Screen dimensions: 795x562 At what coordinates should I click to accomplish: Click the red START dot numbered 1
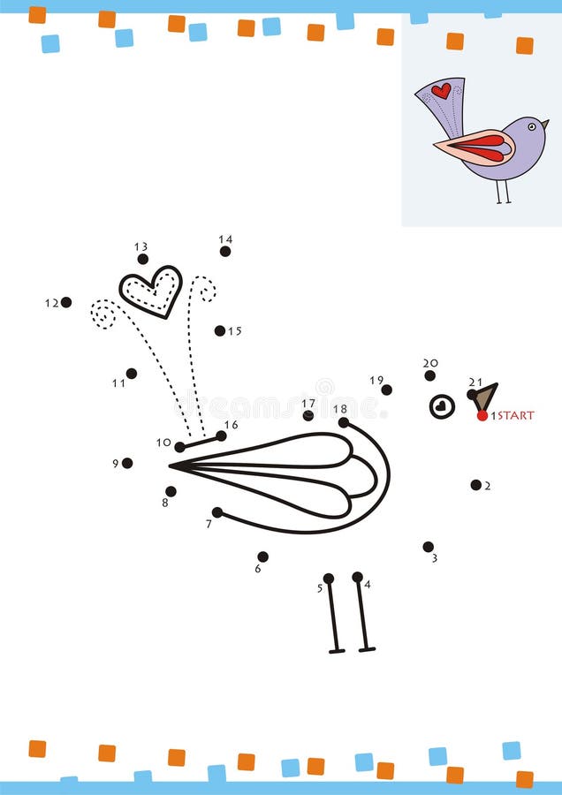click(482, 415)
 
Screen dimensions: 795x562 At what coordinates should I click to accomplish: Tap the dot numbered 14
click(225, 252)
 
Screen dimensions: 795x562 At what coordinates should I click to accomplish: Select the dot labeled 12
click(66, 302)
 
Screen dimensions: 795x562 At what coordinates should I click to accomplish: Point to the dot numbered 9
click(127, 463)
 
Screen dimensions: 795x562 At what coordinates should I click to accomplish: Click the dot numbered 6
click(262, 556)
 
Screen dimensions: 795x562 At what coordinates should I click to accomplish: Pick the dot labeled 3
click(428, 547)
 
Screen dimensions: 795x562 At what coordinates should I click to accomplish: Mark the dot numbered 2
click(475, 484)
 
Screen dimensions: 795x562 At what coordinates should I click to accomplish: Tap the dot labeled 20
click(429, 375)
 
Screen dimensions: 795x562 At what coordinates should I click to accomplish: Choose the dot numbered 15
click(219, 330)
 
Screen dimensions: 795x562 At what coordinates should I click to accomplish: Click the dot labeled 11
click(132, 374)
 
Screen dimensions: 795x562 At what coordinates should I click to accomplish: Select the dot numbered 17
click(308, 415)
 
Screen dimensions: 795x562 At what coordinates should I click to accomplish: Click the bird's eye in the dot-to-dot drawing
click(442, 406)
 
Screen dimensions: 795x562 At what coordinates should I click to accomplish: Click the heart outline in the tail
click(151, 291)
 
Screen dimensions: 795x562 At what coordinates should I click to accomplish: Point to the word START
click(515, 415)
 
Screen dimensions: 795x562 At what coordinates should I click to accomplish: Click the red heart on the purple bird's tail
click(441, 90)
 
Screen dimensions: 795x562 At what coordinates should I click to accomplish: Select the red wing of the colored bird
click(482, 146)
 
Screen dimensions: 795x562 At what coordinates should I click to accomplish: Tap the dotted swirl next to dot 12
click(103, 314)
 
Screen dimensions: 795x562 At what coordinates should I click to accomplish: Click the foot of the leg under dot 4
click(367, 649)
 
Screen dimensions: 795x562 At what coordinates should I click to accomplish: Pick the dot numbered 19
click(386, 390)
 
